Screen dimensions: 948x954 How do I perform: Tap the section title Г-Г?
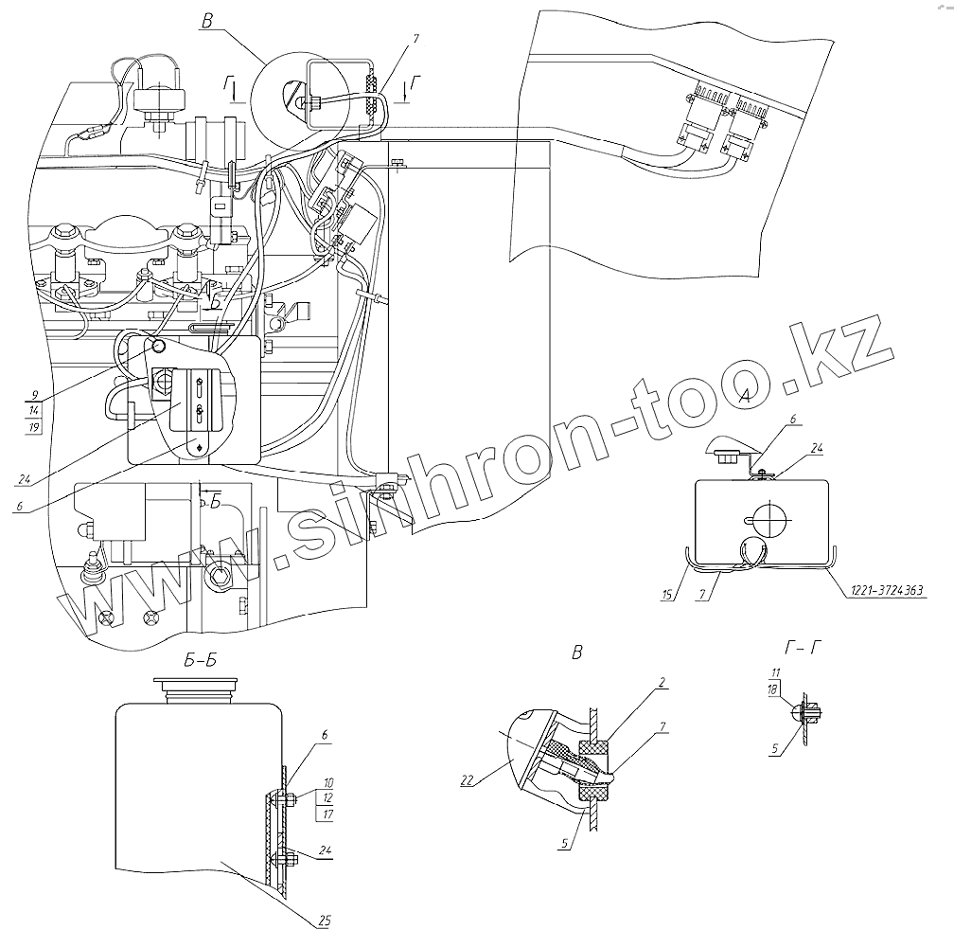point(804,648)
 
